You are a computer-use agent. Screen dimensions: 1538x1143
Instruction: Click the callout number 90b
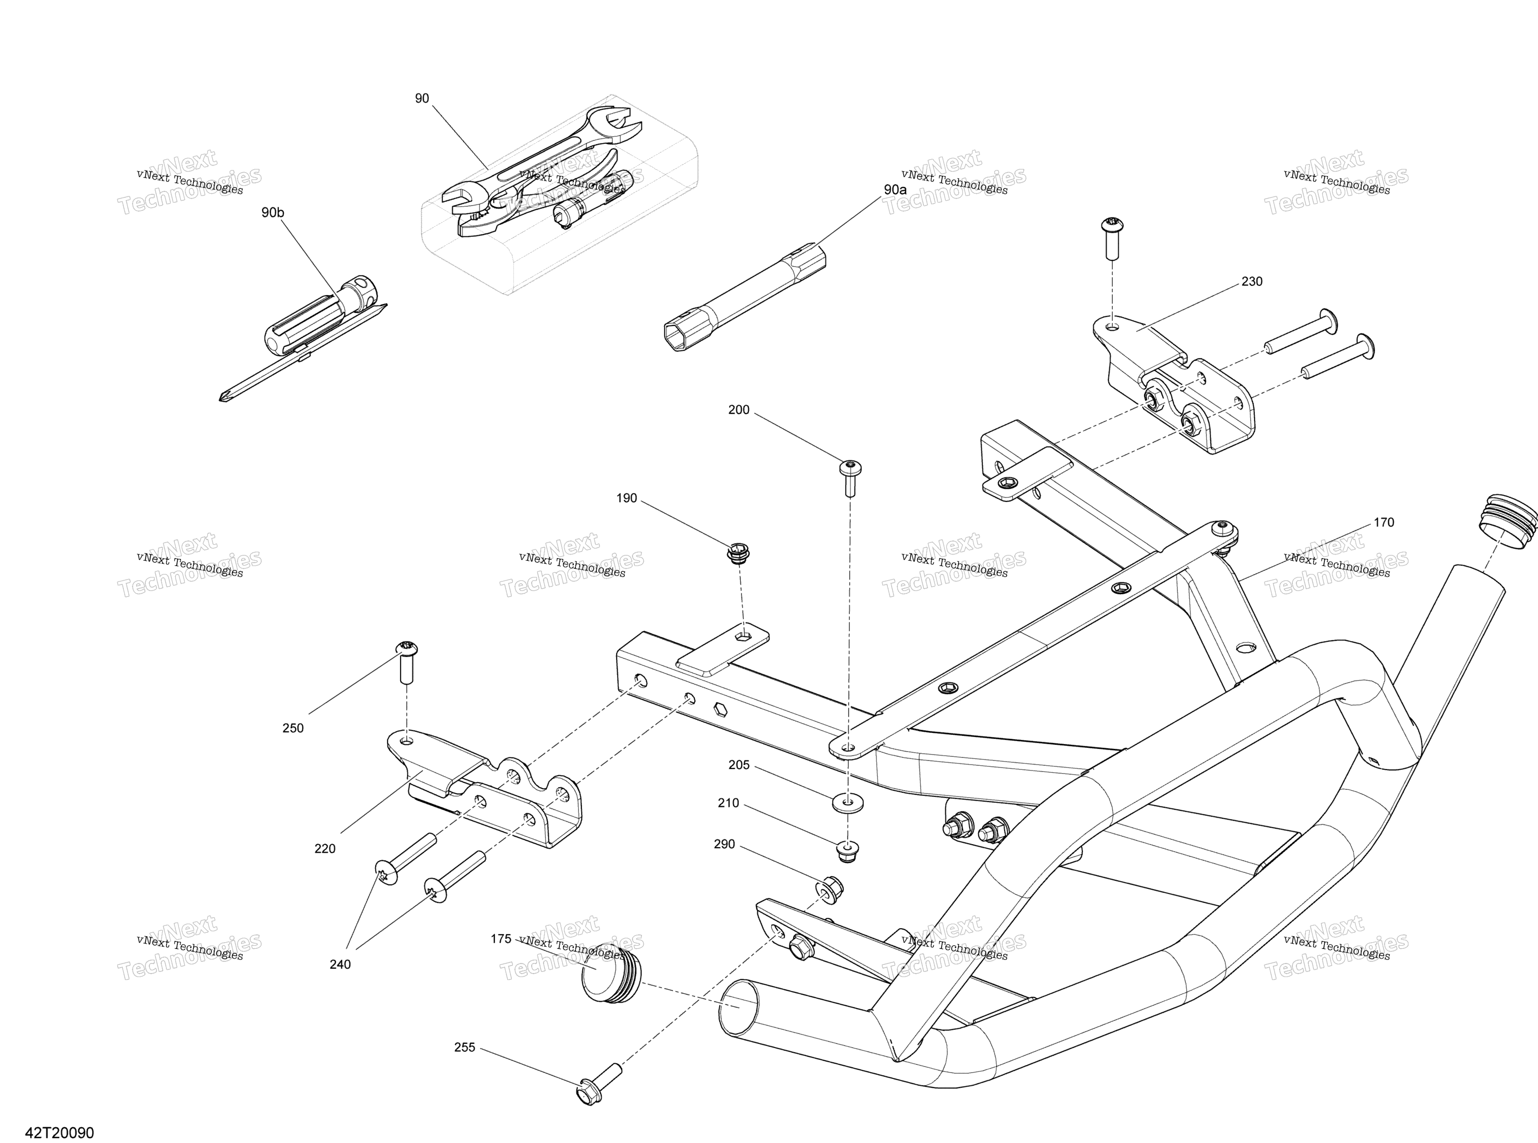point(273,212)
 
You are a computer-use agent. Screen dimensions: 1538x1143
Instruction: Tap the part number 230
point(1252,282)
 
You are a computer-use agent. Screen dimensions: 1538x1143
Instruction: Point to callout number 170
point(1384,522)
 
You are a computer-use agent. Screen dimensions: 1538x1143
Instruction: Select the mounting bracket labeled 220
point(484,789)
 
